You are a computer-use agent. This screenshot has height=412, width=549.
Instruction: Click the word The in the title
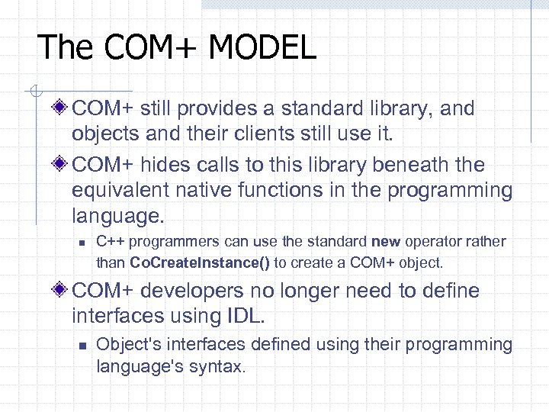click(64, 47)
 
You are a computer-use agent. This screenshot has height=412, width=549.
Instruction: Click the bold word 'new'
click(385, 242)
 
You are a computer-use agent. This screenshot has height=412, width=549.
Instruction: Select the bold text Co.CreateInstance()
click(201, 262)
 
